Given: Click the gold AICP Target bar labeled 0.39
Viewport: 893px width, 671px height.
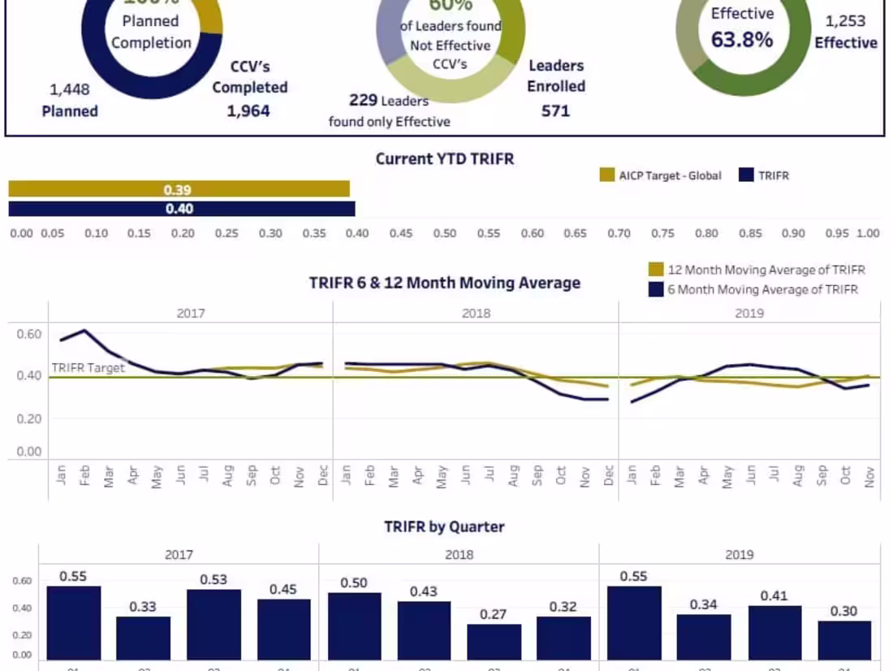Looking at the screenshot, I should coord(179,189).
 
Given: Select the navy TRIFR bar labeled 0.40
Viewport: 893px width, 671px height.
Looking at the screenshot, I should coord(181,209).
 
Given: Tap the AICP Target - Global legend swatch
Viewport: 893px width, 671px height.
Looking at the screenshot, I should coord(607,175).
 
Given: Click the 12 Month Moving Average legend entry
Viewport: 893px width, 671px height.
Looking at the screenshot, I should coord(656,270).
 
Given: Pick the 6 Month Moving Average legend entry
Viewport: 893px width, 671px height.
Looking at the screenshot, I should coord(656,289).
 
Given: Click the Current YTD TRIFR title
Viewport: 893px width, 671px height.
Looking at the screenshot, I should coord(445,158).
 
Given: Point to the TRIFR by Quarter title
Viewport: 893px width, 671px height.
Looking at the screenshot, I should coord(444,526).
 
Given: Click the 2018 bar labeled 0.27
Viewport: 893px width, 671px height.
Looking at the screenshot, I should coord(494,641).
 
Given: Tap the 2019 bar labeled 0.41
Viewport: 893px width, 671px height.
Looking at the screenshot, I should coord(774,632).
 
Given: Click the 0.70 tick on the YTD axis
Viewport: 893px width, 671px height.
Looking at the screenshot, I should coord(619,233).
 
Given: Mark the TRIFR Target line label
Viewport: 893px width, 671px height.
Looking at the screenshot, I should coord(88,368).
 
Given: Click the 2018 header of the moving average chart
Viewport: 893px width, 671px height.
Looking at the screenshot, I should coord(476,313).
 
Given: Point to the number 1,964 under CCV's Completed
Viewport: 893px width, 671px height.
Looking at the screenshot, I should coord(248,110).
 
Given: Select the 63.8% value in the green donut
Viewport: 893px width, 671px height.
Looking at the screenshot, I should coord(742,39).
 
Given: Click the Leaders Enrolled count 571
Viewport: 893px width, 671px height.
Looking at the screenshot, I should coord(555,110).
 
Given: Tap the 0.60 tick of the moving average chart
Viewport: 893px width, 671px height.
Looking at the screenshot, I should coord(28,334).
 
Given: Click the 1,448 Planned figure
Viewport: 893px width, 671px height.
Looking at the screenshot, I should coord(70,89).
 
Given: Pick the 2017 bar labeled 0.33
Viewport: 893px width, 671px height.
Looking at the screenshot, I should coord(144,638).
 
